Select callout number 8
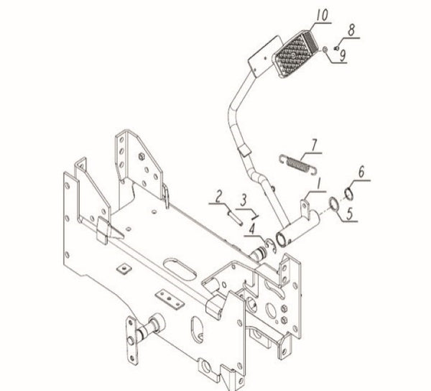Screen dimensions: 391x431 [351, 30]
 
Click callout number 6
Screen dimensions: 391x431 [362, 171]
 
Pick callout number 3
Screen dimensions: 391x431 [244, 199]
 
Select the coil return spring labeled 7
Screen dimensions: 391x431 [297, 163]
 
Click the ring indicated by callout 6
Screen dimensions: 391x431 [348, 192]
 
